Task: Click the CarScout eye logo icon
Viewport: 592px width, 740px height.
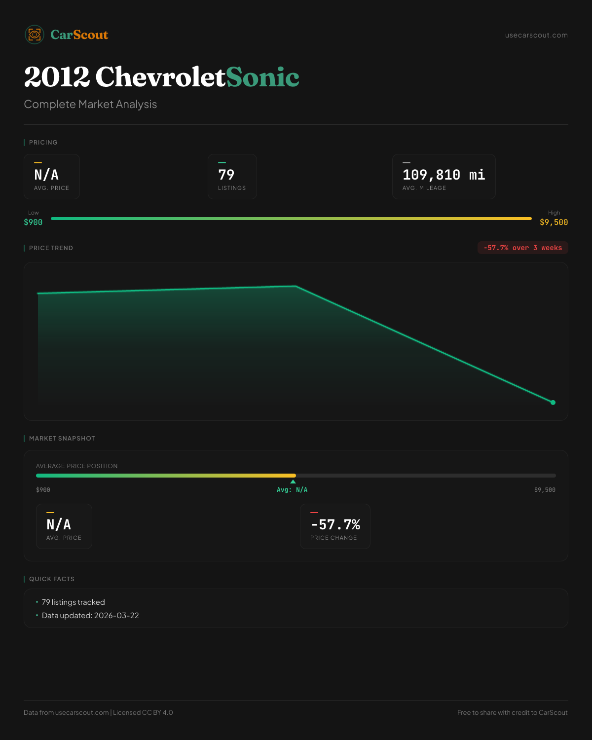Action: click(35, 35)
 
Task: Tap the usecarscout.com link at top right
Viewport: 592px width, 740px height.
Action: click(536, 35)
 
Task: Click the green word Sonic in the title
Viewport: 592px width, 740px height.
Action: click(262, 77)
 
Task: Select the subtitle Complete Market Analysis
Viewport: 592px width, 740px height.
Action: click(90, 104)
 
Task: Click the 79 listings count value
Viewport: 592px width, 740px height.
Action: click(226, 175)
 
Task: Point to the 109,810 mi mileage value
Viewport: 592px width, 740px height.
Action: click(444, 175)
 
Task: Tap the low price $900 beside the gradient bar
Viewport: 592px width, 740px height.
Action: click(33, 222)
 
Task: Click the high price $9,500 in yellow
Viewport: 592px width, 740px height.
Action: click(554, 222)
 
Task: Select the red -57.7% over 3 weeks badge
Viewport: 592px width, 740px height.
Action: click(522, 248)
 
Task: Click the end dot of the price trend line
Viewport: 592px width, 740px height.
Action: click(553, 403)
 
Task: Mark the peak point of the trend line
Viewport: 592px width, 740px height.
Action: click(296, 286)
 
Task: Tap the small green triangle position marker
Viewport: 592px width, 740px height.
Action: click(293, 481)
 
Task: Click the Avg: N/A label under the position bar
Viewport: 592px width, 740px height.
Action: click(292, 490)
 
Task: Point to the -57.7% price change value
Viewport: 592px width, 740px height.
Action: click(335, 524)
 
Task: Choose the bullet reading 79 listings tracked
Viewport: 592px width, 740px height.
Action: click(73, 602)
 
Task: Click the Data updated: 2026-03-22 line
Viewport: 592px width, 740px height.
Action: click(90, 615)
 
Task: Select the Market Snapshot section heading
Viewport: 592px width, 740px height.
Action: click(62, 438)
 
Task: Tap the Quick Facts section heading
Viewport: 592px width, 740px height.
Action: click(51, 579)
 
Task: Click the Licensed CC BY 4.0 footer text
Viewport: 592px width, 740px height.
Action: click(143, 712)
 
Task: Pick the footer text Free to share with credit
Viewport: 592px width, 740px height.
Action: click(512, 712)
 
